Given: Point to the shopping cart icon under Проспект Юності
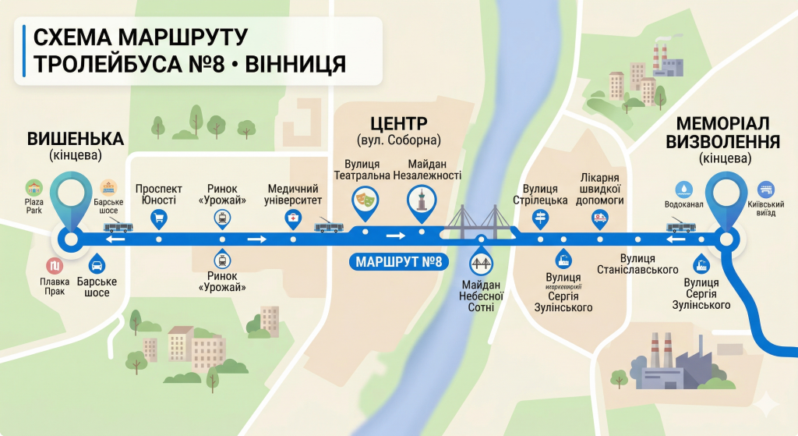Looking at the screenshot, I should (158, 218).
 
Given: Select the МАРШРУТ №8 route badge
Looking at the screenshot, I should (397, 261).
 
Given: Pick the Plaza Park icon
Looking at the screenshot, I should (34, 188).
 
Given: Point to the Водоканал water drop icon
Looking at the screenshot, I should (683, 189).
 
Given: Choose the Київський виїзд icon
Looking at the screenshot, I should (766, 189).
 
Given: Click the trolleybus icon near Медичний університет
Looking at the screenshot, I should (329, 227).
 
